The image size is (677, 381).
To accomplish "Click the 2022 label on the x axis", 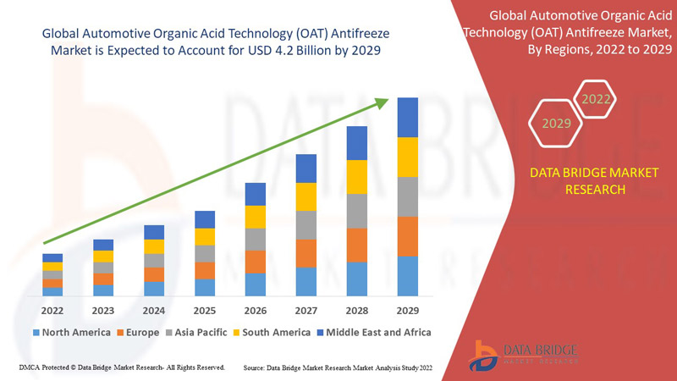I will click(x=52, y=310).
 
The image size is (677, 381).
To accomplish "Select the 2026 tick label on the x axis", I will click(x=256, y=310).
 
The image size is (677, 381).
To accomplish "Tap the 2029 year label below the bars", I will click(x=408, y=310).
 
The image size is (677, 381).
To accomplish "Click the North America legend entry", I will click(x=71, y=332).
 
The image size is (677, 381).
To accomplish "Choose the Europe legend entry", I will click(x=138, y=332).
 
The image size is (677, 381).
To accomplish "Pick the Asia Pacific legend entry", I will click(x=196, y=332).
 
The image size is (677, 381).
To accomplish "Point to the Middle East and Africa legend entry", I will click(x=372, y=332).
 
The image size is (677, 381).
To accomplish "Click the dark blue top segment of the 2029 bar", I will click(x=408, y=117).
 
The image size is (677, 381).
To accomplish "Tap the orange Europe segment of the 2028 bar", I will click(x=357, y=245).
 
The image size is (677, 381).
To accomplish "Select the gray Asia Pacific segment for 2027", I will click(x=306, y=225).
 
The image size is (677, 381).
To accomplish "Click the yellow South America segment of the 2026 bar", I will click(x=256, y=217).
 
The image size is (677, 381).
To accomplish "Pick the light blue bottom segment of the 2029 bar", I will click(x=408, y=276).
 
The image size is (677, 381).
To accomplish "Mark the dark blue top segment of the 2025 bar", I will click(x=205, y=219).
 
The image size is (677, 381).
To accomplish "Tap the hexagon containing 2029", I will click(x=556, y=124).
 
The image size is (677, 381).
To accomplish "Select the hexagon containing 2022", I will click(x=596, y=100).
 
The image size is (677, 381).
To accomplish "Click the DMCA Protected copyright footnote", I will click(x=121, y=368).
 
